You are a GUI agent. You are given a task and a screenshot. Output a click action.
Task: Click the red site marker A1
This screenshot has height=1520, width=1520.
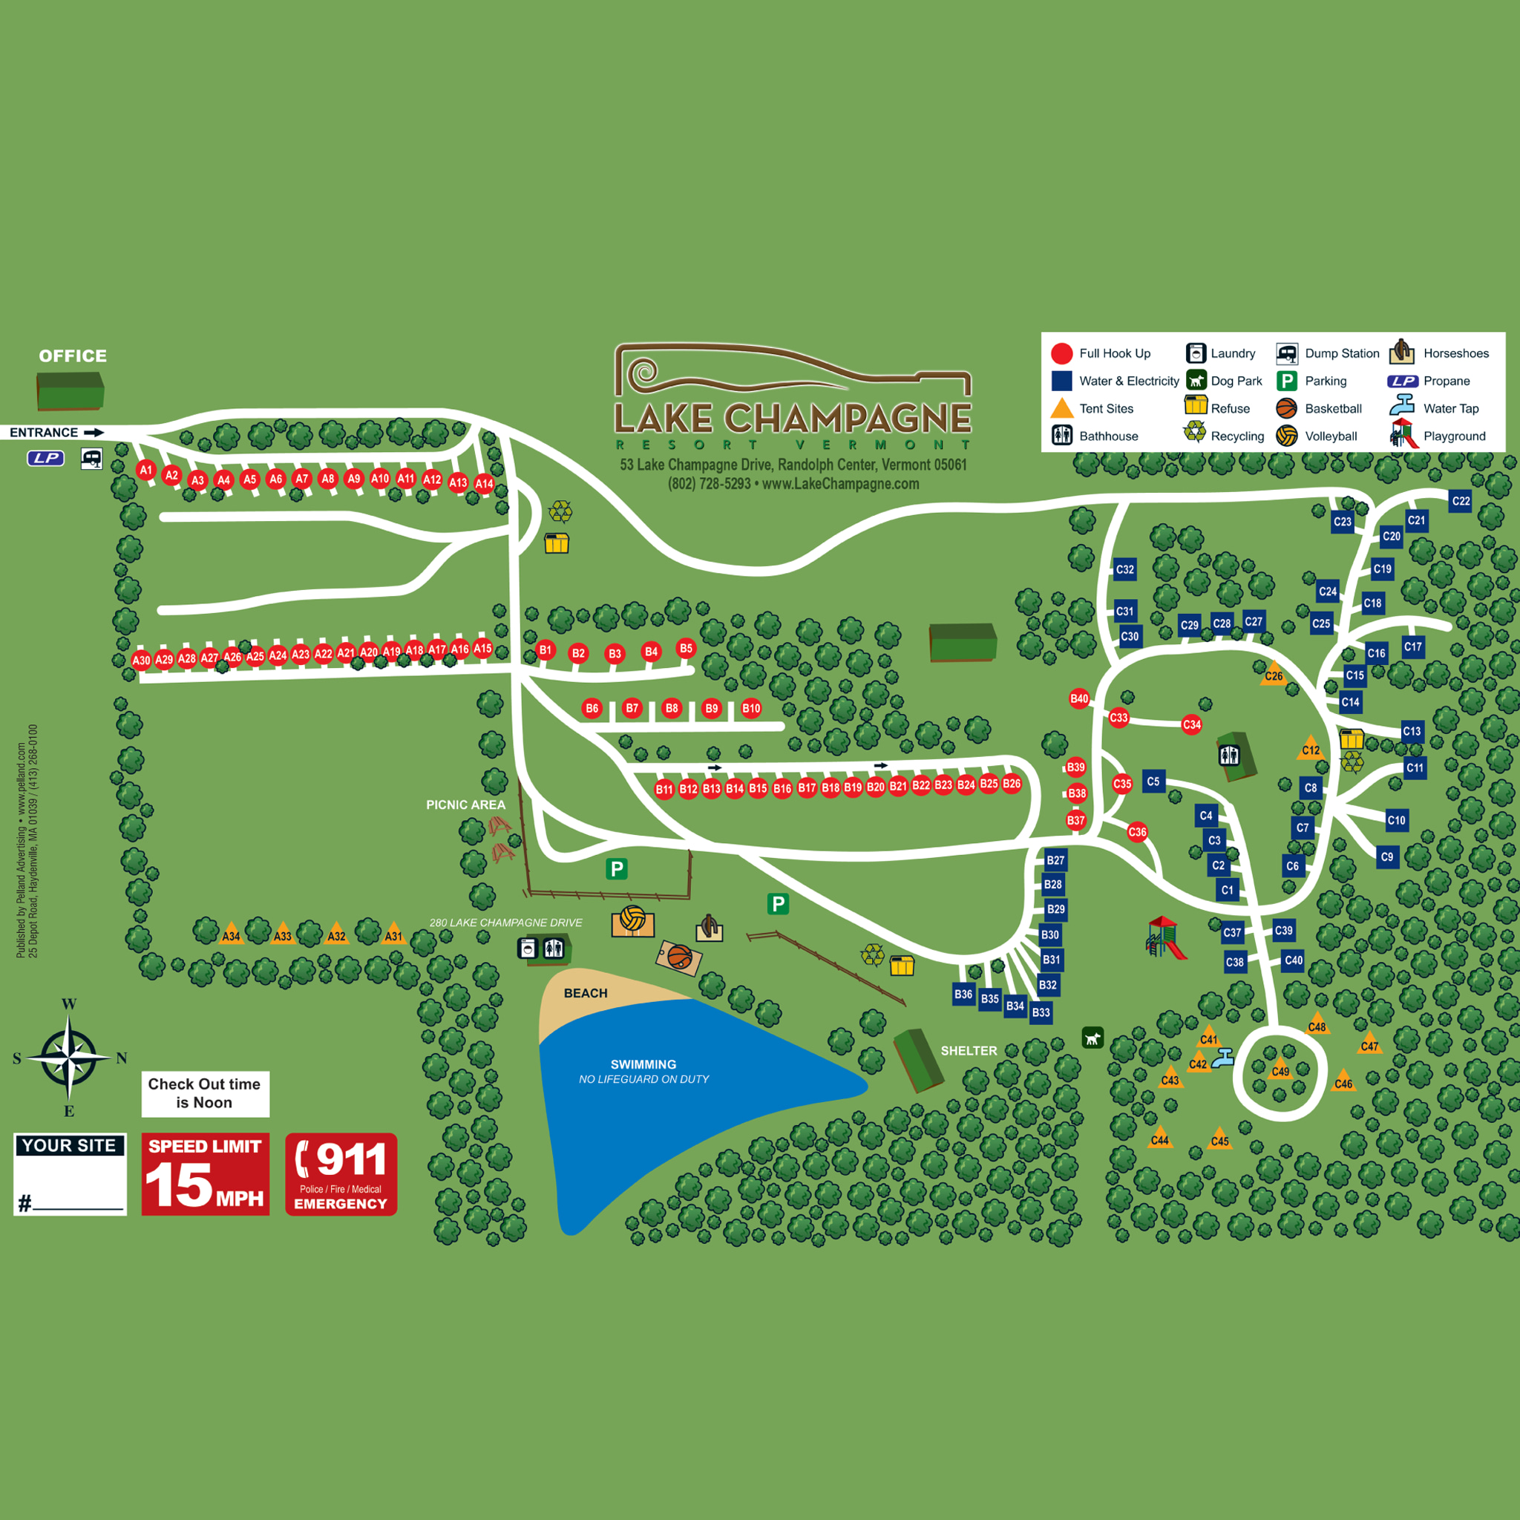[145, 471]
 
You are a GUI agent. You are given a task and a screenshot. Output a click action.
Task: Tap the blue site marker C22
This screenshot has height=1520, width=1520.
[1460, 501]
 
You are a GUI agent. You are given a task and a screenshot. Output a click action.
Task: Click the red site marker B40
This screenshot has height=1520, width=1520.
[1079, 698]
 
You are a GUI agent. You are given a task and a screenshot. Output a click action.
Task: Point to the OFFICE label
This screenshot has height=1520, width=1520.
[73, 356]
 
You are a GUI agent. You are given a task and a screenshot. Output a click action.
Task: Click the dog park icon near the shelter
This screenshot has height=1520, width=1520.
[1092, 1038]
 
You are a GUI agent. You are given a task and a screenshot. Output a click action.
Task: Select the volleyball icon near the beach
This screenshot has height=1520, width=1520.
[632, 919]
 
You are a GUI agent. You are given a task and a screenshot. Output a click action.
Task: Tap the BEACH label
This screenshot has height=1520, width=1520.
[586, 994]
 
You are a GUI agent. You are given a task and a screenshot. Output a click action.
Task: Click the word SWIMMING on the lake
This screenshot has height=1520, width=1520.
[643, 1064]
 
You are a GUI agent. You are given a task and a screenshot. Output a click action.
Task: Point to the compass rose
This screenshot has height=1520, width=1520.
[69, 1058]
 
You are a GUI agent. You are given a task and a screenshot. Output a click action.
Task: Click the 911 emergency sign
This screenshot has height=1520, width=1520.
[341, 1175]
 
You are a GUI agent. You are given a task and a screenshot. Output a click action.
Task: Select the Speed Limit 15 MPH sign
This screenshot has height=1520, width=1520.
[206, 1175]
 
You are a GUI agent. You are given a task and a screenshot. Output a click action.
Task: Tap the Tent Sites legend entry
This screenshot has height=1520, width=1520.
[1093, 408]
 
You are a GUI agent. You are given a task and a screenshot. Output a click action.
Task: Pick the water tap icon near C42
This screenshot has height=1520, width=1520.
[1222, 1060]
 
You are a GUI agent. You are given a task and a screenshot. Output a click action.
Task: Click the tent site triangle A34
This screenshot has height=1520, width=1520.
[231, 933]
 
